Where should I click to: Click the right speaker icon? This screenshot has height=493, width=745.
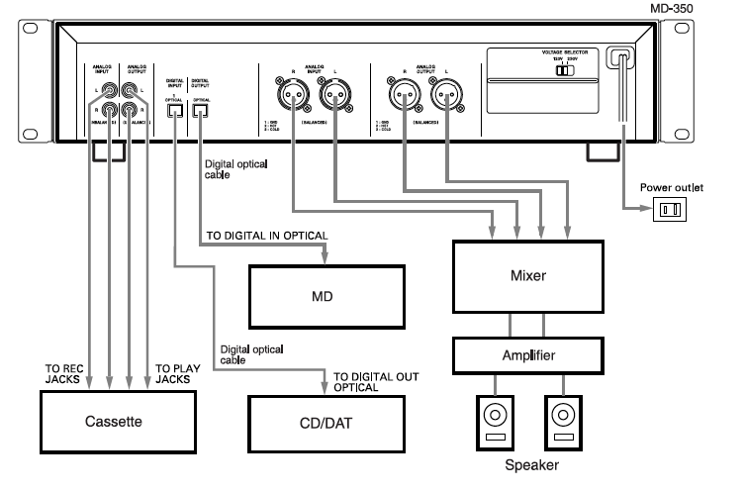pos(564,419)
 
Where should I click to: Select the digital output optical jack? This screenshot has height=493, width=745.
pos(201,111)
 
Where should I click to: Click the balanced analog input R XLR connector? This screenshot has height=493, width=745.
pos(293,97)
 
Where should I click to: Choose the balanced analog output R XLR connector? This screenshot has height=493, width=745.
pos(405,97)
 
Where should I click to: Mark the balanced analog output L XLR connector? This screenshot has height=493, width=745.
pos(445,97)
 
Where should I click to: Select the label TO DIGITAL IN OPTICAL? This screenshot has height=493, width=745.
pos(265,236)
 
